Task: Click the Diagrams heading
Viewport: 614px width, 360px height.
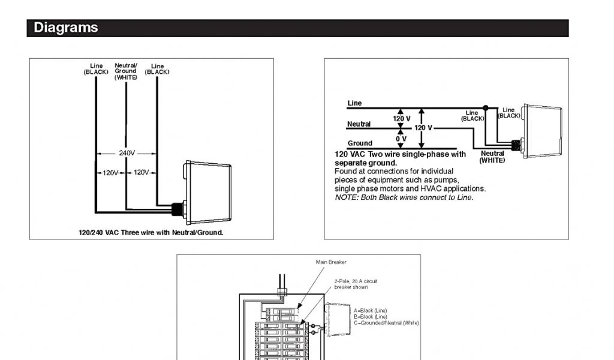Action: tap(66, 28)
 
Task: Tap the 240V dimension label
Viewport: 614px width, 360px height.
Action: tap(127, 153)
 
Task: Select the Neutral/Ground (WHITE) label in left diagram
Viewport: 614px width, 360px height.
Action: tap(126, 71)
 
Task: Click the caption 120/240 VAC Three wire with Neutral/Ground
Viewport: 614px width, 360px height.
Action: tap(151, 232)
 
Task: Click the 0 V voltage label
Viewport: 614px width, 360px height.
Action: tap(401, 139)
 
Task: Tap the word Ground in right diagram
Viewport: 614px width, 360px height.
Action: tap(360, 143)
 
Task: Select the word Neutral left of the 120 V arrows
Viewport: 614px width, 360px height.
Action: tap(359, 124)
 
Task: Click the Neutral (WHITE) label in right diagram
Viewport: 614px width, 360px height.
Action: tap(492, 157)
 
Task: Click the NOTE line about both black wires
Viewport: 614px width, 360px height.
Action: tap(404, 197)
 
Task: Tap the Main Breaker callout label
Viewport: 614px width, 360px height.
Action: tap(331, 262)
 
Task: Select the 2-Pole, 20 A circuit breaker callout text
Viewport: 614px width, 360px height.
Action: tap(356, 284)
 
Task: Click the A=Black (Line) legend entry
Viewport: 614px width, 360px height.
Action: tap(370, 311)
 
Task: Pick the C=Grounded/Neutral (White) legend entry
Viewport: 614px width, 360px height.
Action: tap(386, 323)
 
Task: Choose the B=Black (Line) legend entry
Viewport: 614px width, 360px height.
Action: tap(370, 317)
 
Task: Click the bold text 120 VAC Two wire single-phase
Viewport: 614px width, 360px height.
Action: tap(400, 154)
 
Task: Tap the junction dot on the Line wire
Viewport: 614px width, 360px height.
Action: tap(486, 108)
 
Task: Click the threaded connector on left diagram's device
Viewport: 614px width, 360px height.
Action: tap(177, 209)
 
